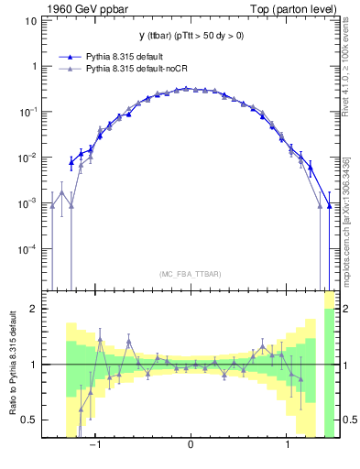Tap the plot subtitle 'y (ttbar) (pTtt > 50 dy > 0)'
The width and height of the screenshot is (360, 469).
pyautogui.click(x=190, y=36)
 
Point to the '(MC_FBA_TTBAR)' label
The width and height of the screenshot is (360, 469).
pyautogui.click(x=190, y=274)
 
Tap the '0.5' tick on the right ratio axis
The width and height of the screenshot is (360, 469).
pyautogui.click(x=348, y=420)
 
